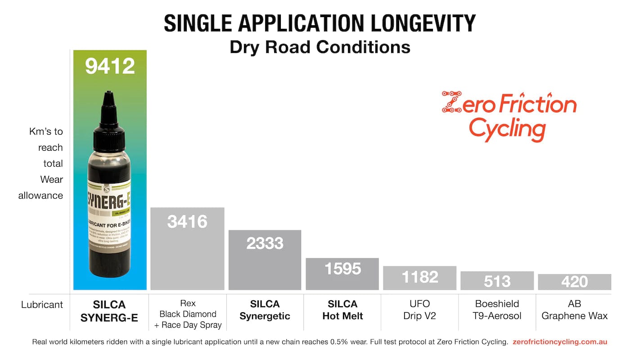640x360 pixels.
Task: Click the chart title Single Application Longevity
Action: (320, 23)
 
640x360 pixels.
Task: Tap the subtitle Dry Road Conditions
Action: (320, 47)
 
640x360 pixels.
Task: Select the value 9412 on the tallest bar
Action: (110, 66)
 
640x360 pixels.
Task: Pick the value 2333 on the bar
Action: (265, 243)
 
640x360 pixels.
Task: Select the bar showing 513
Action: (497, 281)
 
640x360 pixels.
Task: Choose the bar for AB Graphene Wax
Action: (574, 282)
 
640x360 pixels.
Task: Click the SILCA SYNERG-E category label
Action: (109, 311)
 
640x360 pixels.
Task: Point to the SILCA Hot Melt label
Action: (343, 310)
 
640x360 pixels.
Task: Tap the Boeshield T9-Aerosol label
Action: (497, 310)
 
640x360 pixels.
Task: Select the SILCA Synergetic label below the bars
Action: (265, 310)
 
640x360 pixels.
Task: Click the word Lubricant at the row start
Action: (42, 305)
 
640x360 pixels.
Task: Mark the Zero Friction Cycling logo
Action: (509, 116)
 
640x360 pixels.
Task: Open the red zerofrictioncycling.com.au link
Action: (560, 342)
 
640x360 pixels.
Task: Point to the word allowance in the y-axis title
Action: (41, 195)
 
